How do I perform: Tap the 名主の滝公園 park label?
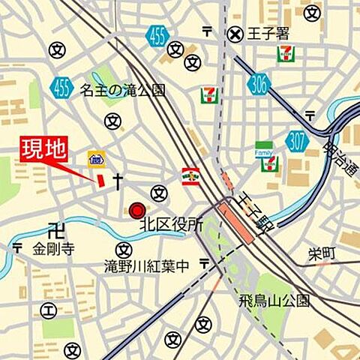(122, 91)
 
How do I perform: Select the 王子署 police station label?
(268, 33)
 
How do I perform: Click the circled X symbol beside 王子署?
(236, 33)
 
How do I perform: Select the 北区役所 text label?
(172, 223)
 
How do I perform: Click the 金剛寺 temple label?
(53, 249)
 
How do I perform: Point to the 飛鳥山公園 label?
(274, 301)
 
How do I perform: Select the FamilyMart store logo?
(264, 154)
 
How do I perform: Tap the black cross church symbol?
(117, 180)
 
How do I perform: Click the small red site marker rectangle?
(99, 178)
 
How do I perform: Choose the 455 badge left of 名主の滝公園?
(61, 88)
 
